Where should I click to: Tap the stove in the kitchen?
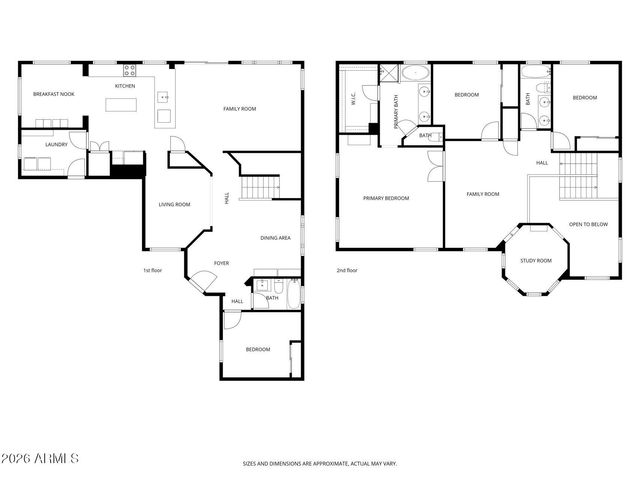click(x=129, y=70)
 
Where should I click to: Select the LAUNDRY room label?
click(x=56, y=144)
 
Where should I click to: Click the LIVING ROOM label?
click(x=174, y=205)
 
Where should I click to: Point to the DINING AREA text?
click(x=275, y=238)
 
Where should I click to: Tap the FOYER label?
click(x=221, y=263)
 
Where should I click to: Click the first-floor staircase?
click(x=262, y=187)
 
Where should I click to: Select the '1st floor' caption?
click(x=153, y=270)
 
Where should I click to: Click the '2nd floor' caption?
click(x=347, y=270)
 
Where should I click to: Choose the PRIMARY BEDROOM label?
click(x=386, y=198)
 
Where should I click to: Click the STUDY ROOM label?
click(x=535, y=261)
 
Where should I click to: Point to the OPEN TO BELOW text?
click(x=588, y=224)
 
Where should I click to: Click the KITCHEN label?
click(x=125, y=86)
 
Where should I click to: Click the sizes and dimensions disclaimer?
click(x=320, y=464)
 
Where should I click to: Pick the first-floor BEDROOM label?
click(x=258, y=349)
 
